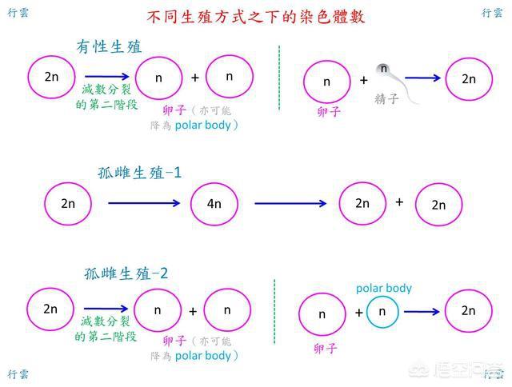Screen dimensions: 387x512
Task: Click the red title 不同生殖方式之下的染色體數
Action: tap(257, 17)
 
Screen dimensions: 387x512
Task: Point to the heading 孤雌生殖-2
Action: tap(126, 273)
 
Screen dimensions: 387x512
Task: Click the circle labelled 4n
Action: tap(214, 203)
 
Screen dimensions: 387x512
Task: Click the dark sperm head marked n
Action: tap(384, 70)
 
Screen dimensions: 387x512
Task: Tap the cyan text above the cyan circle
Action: tap(384, 288)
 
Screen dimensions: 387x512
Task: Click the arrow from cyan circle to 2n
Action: tap(421, 312)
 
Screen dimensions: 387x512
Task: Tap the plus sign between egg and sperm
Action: tap(364, 80)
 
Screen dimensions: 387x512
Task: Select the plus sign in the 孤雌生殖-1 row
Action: tap(399, 201)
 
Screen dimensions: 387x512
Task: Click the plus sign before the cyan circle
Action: tap(358, 313)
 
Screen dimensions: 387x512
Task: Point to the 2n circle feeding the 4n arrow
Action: tap(68, 203)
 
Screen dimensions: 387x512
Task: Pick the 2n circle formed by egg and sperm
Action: tap(469, 78)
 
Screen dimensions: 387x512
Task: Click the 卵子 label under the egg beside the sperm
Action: tap(329, 112)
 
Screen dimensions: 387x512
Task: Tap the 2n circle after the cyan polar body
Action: tap(469, 311)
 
